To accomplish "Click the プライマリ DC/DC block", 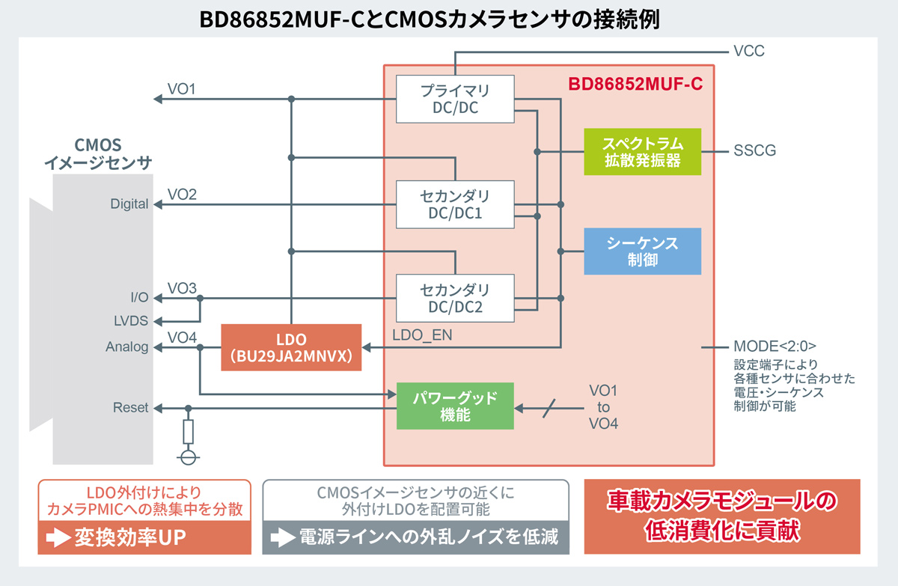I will (x=455, y=100).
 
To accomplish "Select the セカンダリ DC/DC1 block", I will (x=455, y=205).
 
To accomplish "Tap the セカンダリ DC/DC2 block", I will (x=455, y=298).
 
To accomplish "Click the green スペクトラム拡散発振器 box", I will (x=643, y=151).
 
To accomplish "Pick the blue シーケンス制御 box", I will (x=643, y=251).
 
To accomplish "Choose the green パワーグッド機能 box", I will (x=455, y=406).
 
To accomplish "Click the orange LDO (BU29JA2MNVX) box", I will (x=292, y=347).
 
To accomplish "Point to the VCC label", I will (x=749, y=52).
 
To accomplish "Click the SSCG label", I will (x=754, y=151).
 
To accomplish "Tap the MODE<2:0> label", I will (x=775, y=347).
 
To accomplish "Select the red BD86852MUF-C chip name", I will (x=635, y=83).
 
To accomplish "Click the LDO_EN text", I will (x=422, y=335).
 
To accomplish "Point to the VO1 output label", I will (x=182, y=89).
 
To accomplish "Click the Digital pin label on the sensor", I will (x=129, y=204).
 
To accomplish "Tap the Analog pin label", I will (x=126, y=347).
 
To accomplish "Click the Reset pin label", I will (x=130, y=408).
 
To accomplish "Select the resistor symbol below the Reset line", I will (x=189, y=431).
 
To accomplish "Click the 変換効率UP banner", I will (x=144, y=537).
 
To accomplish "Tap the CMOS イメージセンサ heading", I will (x=98, y=153).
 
